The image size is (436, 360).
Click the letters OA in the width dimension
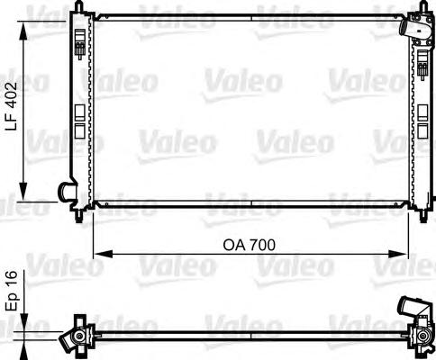click(x=234, y=245)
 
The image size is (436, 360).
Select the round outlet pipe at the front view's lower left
click(x=66, y=191)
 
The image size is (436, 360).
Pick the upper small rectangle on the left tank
click(x=78, y=112)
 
